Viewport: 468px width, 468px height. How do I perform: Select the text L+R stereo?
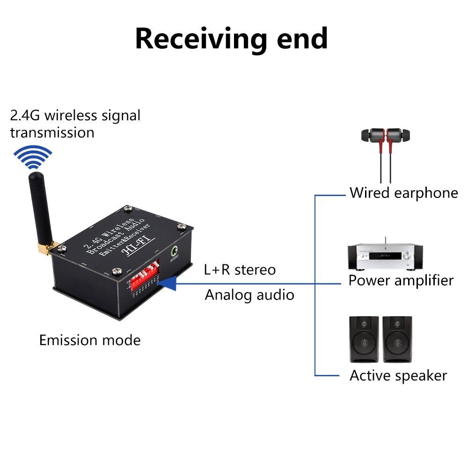click(240, 270)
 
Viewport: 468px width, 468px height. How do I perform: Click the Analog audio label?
click(249, 295)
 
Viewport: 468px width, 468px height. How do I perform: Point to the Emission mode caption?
click(90, 340)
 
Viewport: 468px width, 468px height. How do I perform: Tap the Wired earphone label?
click(403, 193)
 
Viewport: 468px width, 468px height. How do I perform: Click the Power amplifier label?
click(401, 280)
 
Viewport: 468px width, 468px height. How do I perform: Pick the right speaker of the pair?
click(397, 339)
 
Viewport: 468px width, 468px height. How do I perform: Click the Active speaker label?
click(398, 375)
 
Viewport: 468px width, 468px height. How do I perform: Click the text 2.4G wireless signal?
click(75, 115)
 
